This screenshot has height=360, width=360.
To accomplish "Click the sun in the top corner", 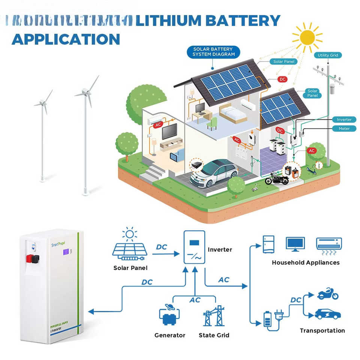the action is tap(307, 37).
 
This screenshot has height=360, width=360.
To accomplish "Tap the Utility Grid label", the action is tap(328, 55).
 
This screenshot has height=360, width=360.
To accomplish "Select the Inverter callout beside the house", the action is tap(344, 120).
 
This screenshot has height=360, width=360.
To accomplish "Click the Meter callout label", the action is tap(344, 129).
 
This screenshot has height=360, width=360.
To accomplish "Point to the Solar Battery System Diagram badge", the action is tap(213, 52).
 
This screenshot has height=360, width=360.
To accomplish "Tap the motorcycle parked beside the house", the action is tap(277, 178).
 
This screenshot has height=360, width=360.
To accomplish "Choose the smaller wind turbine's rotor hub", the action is tap(42, 102).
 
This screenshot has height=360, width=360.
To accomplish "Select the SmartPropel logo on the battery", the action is tap(58, 244).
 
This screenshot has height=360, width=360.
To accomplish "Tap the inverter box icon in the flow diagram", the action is tap(194, 247).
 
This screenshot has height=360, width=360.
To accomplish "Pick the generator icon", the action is tap(169, 316).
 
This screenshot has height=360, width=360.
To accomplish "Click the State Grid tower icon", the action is tap(214, 316).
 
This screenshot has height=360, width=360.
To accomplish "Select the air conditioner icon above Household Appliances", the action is tap(329, 244).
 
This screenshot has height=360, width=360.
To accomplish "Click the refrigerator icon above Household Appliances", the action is tap(269, 244).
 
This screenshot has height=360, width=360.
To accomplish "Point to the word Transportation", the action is tap(322, 330).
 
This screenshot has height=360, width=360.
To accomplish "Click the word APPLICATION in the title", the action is tap(66, 39).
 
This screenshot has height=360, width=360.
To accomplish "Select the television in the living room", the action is tap(170, 131).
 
